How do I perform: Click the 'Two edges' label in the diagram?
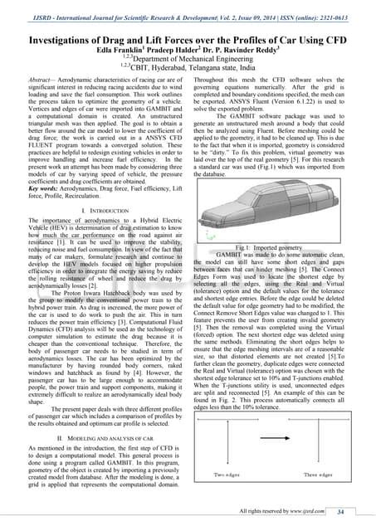218,474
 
